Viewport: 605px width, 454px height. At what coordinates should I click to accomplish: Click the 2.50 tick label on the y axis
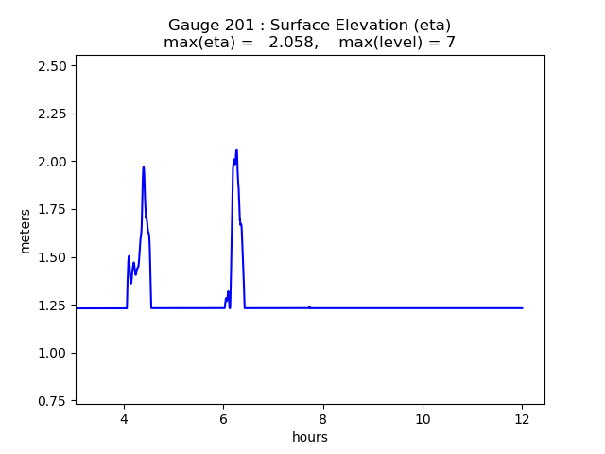[52, 66]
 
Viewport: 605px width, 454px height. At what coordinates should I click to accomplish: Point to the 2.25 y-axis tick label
[52, 113]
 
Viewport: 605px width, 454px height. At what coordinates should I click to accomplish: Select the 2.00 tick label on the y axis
[52, 162]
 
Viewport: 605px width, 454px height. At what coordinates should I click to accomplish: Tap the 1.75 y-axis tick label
[52, 210]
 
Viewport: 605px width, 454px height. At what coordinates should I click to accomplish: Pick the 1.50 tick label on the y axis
[52, 257]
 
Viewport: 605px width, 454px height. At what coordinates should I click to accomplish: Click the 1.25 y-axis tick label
[52, 306]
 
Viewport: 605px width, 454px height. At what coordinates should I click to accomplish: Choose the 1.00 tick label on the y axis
[52, 353]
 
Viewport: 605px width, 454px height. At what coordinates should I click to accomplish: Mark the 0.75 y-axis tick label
[52, 401]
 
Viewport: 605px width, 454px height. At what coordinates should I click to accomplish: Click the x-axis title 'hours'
[310, 437]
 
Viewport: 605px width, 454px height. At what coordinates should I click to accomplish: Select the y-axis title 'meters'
[26, 231]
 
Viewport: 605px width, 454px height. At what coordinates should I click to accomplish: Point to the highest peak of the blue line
[236, 150]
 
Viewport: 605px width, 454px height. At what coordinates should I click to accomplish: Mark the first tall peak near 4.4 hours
[144, 167]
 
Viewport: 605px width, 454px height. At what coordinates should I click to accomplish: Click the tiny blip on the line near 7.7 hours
[309, 306]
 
